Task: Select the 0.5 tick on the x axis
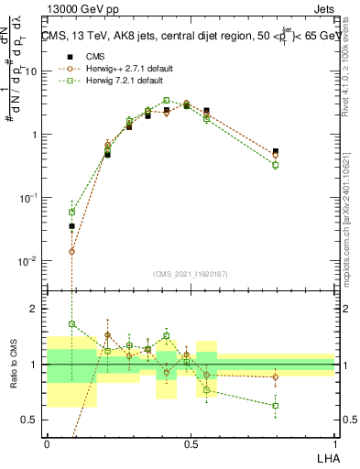[x=191, y=442]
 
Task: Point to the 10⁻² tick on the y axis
[x=28, y=261]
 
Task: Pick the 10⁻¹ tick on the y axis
[x=28, y=198]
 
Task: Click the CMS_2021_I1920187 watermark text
[x=191, y=273]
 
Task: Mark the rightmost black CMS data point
[x=276, y=151]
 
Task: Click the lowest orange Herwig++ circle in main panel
[x=72, y=251]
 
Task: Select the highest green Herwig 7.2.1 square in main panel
[x=167, y=101]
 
